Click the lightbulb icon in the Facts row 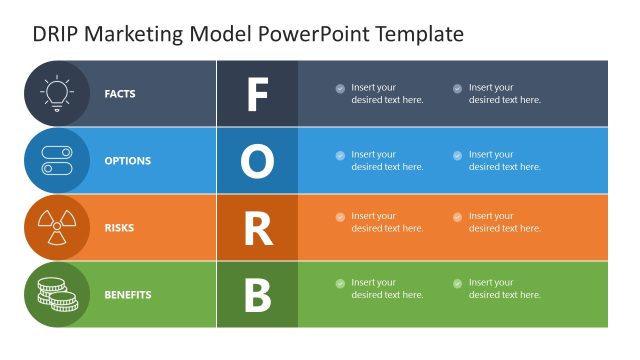(x=57, y=93)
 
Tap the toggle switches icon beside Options (x=57, y=160)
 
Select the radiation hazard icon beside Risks (x=57, y=227)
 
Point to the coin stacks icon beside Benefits (x=57, y=294)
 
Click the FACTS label (x=120, y=94)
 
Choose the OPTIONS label (x=128, y=161)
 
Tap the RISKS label (x=119, y=228)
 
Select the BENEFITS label (x=128, y=295)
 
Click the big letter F (x=257, y=94)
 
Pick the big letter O (x=257, y=161)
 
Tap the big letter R (x=257, y=228)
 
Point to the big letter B (x=257, y=295)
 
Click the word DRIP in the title (x=54, y=34)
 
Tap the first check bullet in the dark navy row (x=340, y=88)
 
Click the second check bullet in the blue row (x=457, y=155)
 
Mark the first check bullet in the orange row (x=340, y=217)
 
